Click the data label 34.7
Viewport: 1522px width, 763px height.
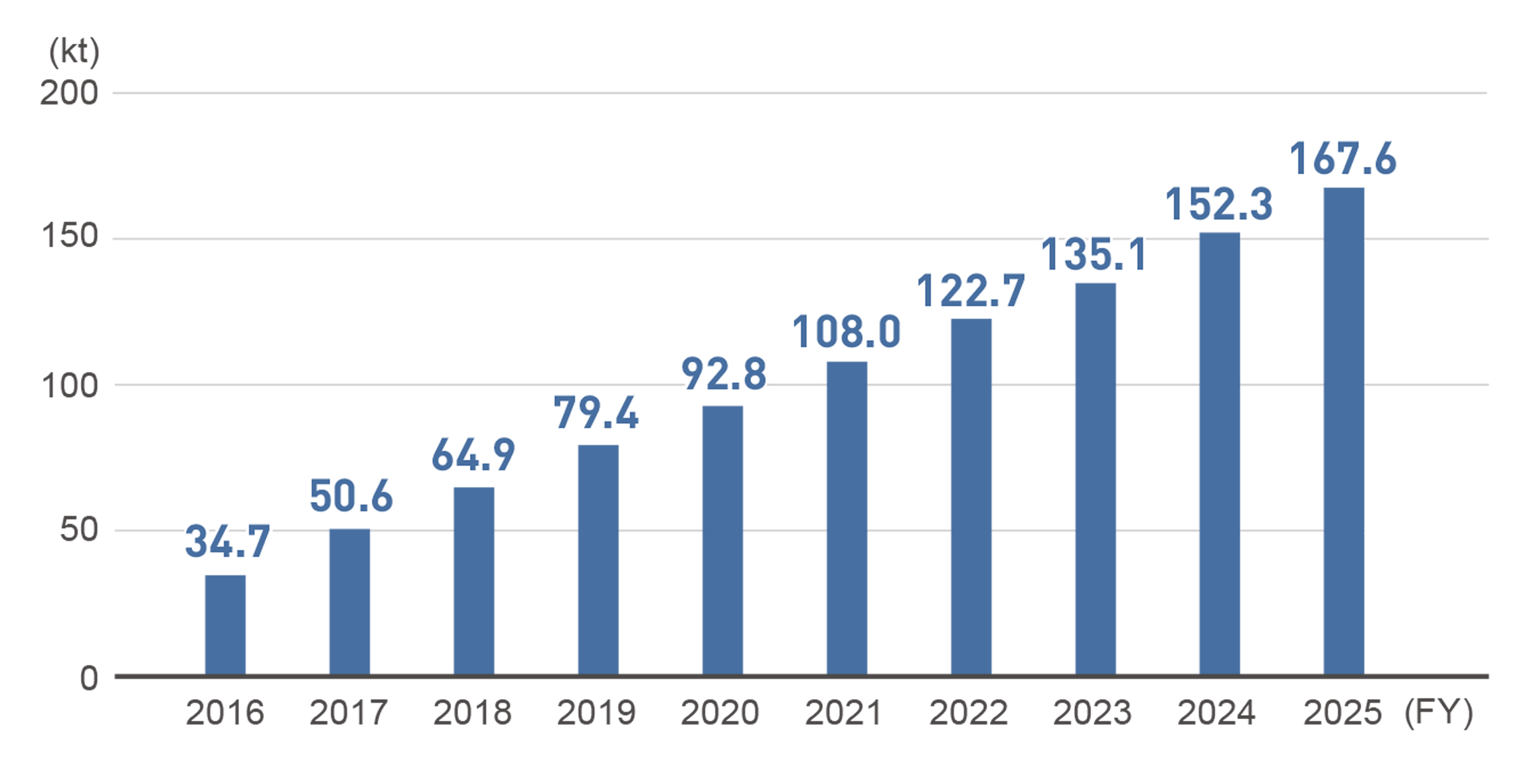(228, 541)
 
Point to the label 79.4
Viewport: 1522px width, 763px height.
(596, 413)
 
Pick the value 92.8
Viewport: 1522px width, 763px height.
(724, 374)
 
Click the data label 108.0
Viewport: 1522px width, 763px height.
(846, 332)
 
